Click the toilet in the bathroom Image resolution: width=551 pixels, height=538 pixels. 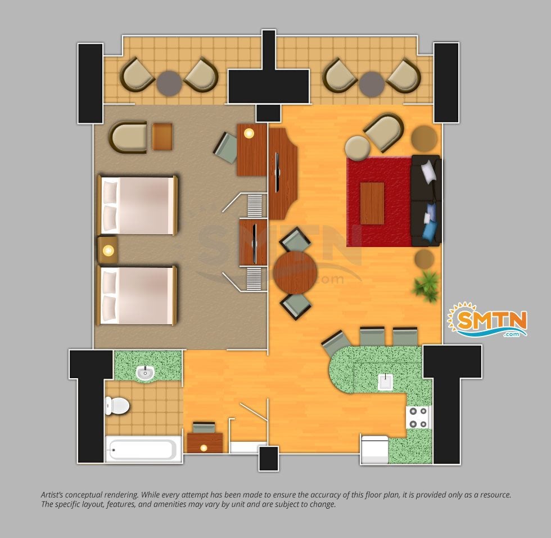(x=117, y=406)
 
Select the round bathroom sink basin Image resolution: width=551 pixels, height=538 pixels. (x=145, y=373)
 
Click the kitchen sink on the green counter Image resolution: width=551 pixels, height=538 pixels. (x=385, y=382)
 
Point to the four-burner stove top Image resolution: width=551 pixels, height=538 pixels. (x=418, y=418)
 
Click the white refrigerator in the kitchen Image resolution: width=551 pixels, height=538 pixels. (x=374, y=450)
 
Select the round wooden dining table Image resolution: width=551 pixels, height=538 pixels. (x=295, y=272)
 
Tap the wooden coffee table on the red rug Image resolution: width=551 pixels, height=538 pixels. (x=372, y=203)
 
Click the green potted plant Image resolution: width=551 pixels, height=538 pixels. (x=427, y=285)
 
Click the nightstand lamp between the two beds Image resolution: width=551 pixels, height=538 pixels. (x=108, y=251)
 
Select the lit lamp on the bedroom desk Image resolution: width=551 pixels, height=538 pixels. (x=249, y=133)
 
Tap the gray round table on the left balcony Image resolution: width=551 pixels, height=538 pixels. (x=169, y=84)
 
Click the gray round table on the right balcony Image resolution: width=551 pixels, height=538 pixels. (x=372, y=84)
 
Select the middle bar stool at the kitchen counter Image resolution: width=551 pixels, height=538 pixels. (x=372, y=337)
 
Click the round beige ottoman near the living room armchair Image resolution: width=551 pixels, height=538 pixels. (x=358, y=149)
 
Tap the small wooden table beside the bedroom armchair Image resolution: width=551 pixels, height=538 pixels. (x=162, y=136)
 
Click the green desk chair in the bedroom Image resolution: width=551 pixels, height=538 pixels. (x=226, y=148)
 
